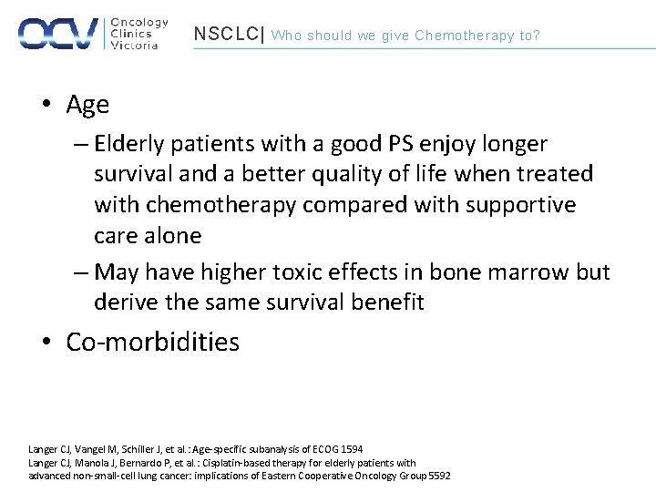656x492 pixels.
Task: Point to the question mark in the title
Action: pyautogui.click(x=536, y=36)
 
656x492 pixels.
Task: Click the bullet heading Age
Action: pyautogui.click(x=87, y=105)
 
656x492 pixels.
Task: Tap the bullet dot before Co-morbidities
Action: pyautogui.click(x=47, y=343)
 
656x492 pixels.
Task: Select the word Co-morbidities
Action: pyautogui.click(x=152, y=343)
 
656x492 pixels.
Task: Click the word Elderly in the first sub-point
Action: pyautogui.click(x=131, y=144)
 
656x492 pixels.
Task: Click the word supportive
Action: pyautogui.click(x=521, y=205)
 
